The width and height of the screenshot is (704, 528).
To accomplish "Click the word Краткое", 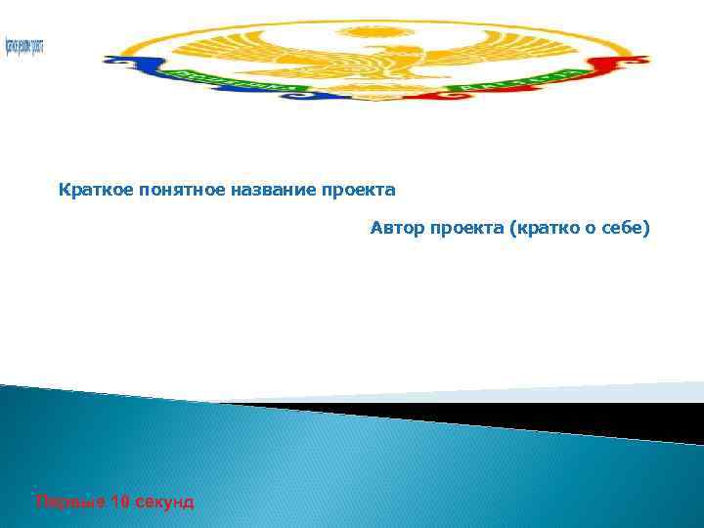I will [x=88, y=188].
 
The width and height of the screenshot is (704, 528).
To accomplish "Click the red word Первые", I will [x=64, y=502].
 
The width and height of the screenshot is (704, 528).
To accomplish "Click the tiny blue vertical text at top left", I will [x=24, y=45].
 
